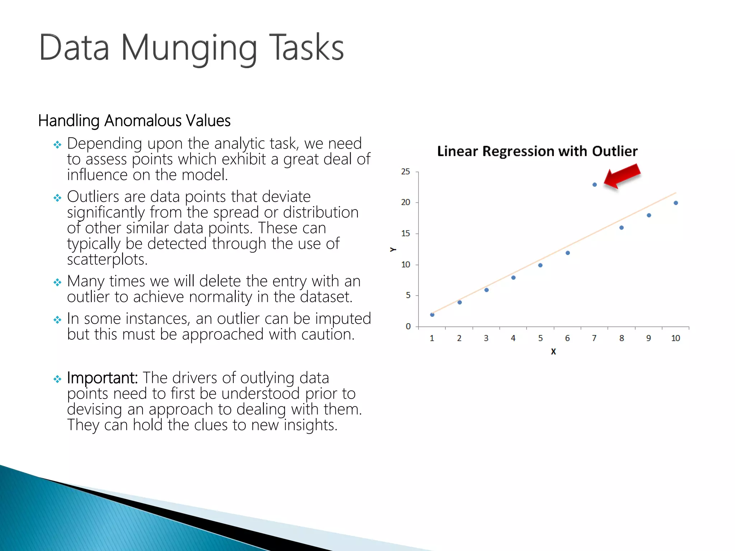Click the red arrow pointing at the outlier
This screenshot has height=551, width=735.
623,176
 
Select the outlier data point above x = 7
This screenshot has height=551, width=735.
595,185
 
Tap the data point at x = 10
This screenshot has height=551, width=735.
676,203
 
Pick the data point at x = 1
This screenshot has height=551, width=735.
432,315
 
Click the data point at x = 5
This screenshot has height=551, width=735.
540,265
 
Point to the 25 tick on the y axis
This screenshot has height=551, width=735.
406,172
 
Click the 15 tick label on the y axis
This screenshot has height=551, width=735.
406,234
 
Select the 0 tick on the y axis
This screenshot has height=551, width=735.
408,326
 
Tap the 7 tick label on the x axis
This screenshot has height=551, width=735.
594,338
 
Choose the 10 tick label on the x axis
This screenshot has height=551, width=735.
675,338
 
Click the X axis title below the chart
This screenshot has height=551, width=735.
553,352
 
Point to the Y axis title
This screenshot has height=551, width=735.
393,249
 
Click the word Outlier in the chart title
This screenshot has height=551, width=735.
614,151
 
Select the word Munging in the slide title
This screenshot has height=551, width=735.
189,48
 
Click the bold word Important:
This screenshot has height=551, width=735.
102,378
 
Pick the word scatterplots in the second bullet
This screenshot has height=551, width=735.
107,259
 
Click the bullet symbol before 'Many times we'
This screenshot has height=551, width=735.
57,282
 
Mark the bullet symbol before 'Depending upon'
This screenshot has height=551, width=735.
57,145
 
